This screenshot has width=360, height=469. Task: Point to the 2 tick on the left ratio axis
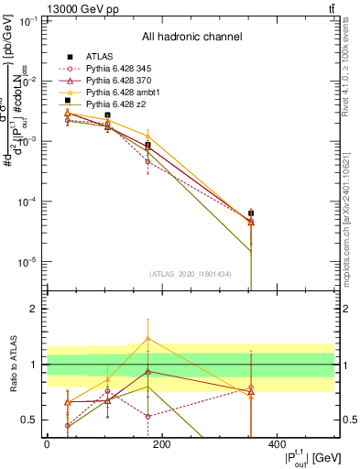coord(34,310)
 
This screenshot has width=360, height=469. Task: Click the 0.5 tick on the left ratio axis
coord(30,420)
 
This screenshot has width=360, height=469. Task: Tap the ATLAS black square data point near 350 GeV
coord(250,213)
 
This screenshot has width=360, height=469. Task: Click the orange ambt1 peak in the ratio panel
coord(148,338)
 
